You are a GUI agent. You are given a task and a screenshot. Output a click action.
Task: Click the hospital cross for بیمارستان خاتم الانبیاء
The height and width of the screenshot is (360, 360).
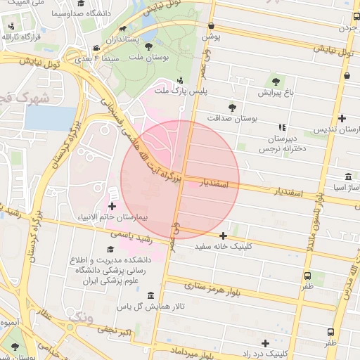pos(112,205)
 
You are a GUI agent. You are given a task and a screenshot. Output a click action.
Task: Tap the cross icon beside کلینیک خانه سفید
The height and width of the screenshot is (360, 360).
pos(223,236)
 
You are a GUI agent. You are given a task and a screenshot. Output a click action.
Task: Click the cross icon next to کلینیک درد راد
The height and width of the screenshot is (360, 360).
pos(265,343)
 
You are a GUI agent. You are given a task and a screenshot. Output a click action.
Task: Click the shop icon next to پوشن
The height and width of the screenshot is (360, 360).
pos(208,21)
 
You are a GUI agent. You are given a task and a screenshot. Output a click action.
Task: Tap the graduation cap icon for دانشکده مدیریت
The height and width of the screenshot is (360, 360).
pos(110,250)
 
